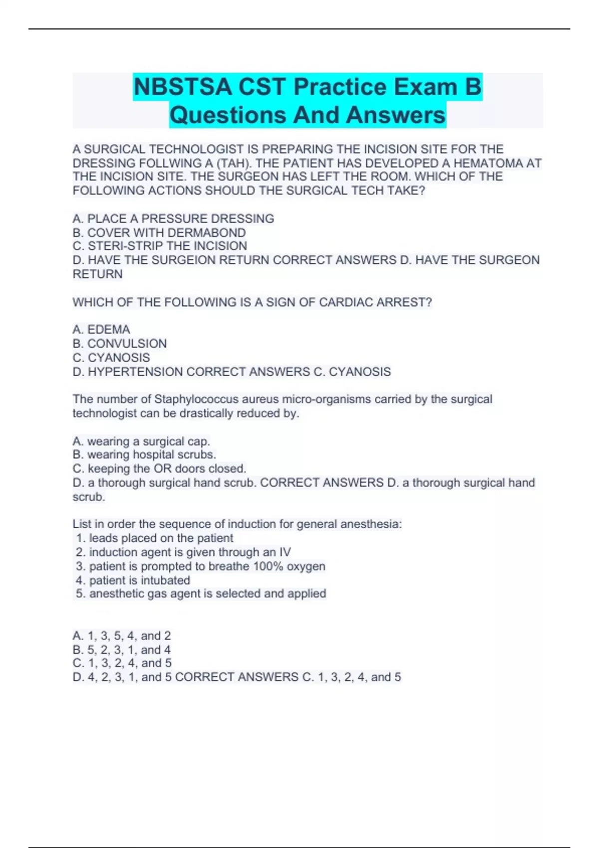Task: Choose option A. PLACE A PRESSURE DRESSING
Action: tap(173, 218)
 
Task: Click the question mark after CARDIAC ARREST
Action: tap(429, 302)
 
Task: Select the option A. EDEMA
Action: tap(101, 329)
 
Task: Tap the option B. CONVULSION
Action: tap(120, 343)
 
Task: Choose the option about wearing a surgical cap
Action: tap(141, 441)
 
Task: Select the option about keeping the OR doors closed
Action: tap(159, 468)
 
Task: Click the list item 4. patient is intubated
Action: tap(133, 580)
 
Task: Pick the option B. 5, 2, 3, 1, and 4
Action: tap(122, 649)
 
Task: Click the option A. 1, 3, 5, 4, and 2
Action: tap(122, 636)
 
